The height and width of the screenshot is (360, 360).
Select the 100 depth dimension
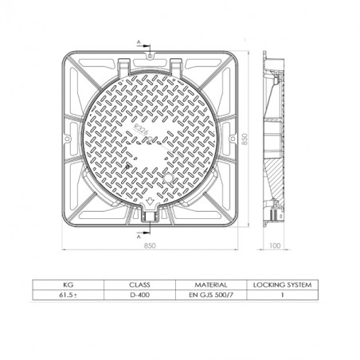click(x=275, y=246)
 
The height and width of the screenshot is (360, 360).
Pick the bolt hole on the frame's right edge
click(x=228, y=137)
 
